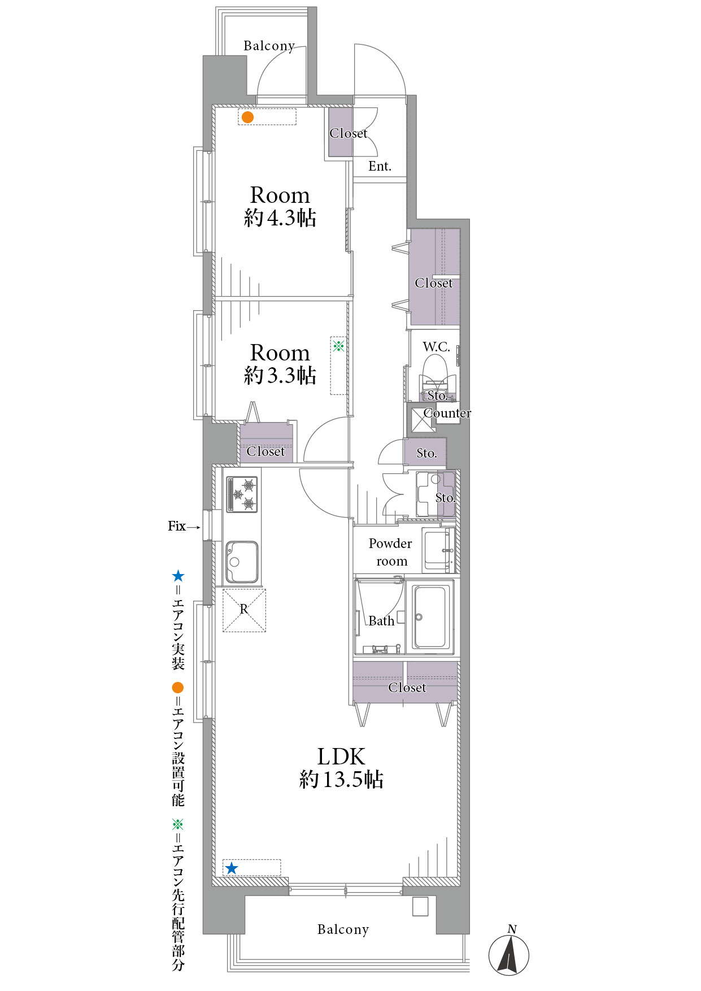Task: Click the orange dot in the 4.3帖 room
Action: tap(247, 118)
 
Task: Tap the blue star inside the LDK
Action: tap(232, 868)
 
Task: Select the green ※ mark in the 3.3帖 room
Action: tap(338, 345)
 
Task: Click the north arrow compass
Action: tap(509, 955)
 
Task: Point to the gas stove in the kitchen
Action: tap(242, 494)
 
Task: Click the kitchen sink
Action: tap(242, 562)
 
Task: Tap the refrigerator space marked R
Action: tap(244, 610)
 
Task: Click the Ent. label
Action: tap(380, 166)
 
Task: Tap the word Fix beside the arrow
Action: tap(177, 526)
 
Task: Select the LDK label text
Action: tap(341, 757)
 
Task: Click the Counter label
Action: tap(447, 413)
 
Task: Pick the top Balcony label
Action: tap(269, 46)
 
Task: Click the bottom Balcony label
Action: tap(343, 930)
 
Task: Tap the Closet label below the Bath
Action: tap(407, 688)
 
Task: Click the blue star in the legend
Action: tap(178, 576)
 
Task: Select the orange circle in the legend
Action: tap(178, 688)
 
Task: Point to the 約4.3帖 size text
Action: tap(280, 218)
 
